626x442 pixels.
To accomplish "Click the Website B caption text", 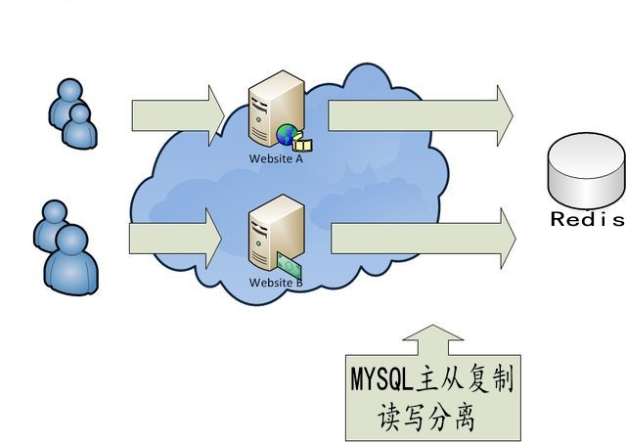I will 276,283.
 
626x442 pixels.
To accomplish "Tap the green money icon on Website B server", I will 289,262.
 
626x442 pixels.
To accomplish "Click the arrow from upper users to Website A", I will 177,114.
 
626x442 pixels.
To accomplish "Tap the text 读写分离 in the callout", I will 426,418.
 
